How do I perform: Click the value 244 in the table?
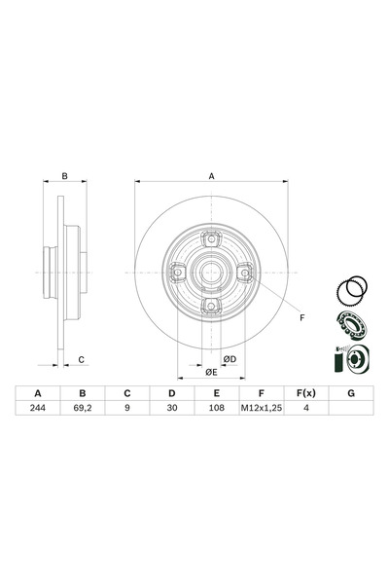pos(38,409)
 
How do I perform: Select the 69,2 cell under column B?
pos(83,409)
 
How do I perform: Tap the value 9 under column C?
pos(126,409)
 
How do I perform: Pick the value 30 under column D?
pos(171,409)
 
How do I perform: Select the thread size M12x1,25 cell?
pos(260,409)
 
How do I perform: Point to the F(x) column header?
pos(304,392)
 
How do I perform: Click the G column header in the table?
pos(348,392)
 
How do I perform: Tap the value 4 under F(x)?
pos(304,409)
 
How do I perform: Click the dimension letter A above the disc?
pos(210,176)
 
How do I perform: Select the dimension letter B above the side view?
pos(64,176)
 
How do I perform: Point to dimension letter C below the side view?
pos(82,359)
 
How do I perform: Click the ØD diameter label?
pos(230,359)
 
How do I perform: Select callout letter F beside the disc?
pos(301,318)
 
